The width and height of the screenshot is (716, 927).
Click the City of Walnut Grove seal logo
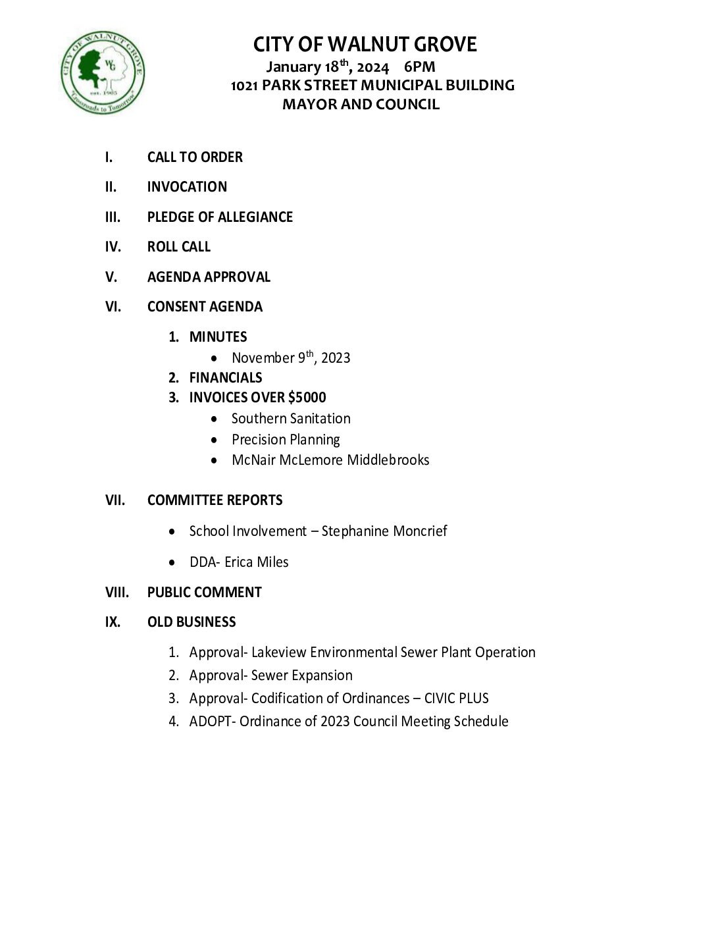click(x=103, y=72)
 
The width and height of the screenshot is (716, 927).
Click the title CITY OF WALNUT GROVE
click(x=365, y=45)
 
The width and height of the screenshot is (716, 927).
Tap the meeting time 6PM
click(x=419, y=66)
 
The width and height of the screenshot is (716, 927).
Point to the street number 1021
click(x=244, y=86)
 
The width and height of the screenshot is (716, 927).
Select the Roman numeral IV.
click(x=113, y=247)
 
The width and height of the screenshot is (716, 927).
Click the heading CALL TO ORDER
click(x=195, y=157)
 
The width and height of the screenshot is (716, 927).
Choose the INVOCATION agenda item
click(x=187, y=187)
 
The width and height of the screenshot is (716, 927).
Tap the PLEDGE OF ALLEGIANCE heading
click(x=220, y=217)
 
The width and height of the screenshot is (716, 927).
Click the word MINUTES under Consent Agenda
click(x=218, y=337)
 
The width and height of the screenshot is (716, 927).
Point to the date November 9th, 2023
click(x=291, y=358)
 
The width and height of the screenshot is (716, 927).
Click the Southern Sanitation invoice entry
click(x=291, y=419)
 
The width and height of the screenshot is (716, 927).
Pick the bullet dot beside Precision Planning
click(x=215, y=440)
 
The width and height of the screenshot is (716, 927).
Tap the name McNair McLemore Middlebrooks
click(x=330, y=460)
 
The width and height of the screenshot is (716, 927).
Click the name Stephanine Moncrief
click(x=384, y=531)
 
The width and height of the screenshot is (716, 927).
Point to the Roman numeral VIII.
click(x=117, y=593)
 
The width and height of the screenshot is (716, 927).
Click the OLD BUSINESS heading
click(x=192, y=622)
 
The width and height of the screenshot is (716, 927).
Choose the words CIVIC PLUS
click(x=456, y=699)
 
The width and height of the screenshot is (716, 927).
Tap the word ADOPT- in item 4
click(x=213, y=722)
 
